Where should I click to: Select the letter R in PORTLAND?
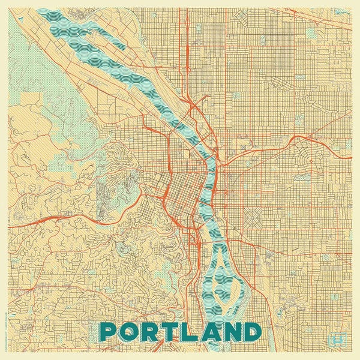tap(151, 332)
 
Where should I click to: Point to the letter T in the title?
tap(170, 332)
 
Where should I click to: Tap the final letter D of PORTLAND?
tap(253, 332)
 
